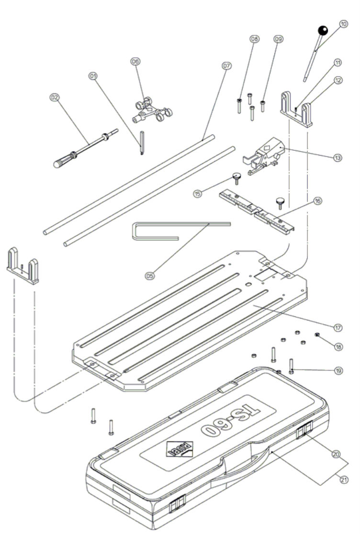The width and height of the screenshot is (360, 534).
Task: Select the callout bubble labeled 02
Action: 55,97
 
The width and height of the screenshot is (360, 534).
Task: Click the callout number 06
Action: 135,61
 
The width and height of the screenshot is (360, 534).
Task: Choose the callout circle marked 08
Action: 254,39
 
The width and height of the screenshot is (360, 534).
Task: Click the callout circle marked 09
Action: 278,39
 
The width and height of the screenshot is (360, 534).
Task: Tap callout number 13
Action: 337,157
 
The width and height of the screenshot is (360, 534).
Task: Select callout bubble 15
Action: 197,193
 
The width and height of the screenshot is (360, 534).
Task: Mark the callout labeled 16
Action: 317,202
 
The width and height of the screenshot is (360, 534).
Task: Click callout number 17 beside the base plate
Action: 337,328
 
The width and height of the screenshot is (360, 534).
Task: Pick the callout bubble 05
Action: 150,276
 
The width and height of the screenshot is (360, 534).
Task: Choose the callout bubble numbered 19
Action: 338,370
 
